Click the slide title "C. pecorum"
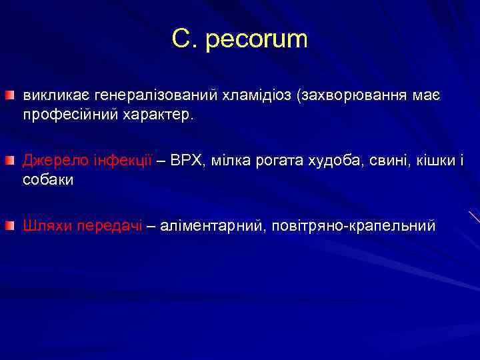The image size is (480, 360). pyautogui.click(x=239, y=39)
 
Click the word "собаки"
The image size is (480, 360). pyautogui.click(x=48, y=180)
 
